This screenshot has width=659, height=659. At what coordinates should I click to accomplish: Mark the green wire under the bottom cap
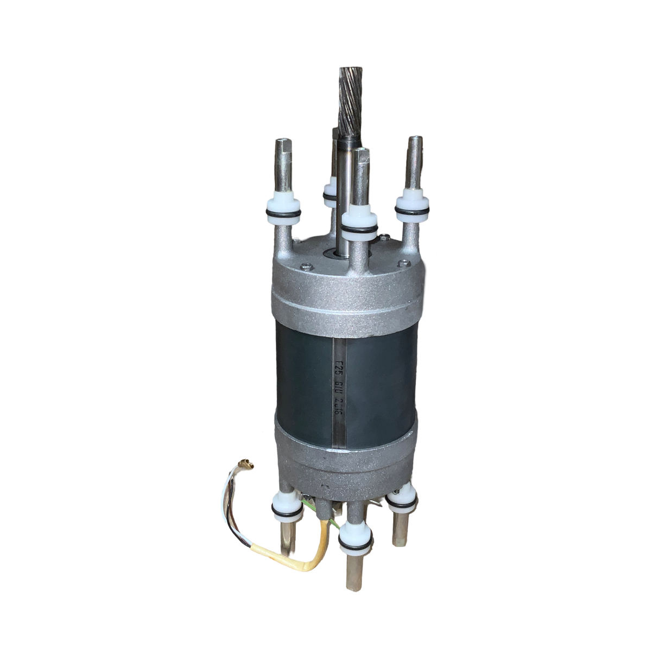coord(326,511)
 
